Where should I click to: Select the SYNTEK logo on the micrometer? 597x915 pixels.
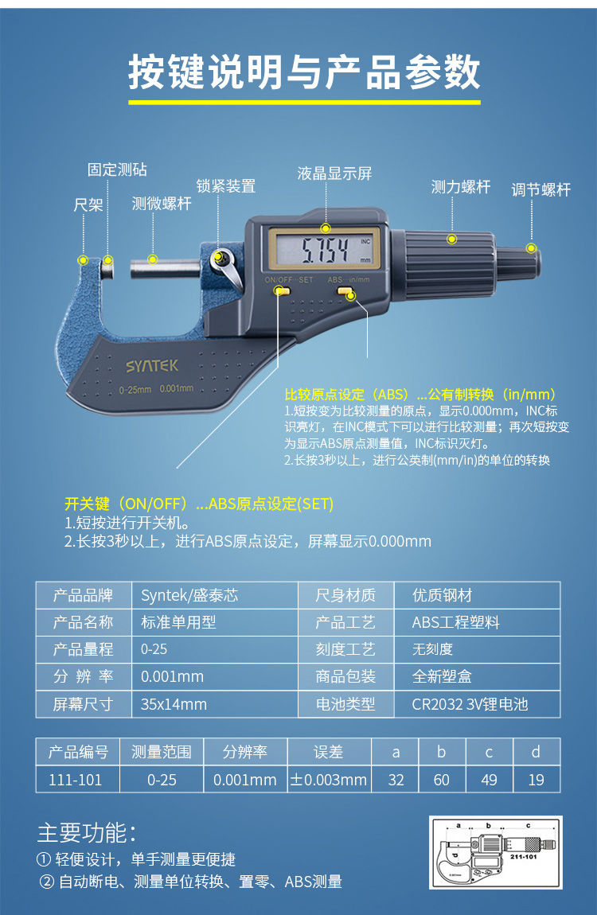152,366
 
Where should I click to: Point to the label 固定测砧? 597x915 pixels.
117,170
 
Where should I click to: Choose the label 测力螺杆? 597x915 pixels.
461,188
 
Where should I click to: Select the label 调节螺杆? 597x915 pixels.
541,190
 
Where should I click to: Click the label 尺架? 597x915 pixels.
88,205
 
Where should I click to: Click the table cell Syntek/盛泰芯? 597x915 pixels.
189,596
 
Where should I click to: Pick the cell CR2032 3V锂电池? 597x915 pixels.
470,704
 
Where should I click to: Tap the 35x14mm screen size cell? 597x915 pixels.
174,704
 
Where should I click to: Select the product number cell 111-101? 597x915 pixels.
76,780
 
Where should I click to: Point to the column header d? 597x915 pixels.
536,752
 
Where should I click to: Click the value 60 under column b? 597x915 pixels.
442,780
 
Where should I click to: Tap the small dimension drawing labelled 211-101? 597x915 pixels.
495,851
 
